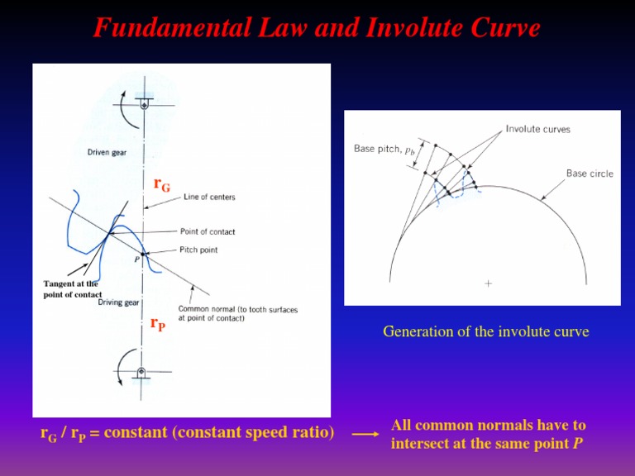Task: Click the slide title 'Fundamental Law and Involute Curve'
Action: click(317, 28)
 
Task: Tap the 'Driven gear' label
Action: click(107, 152)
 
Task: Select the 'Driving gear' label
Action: click(118, 302)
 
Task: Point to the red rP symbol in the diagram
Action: click(158, 325)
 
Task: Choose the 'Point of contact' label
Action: click(208, 232)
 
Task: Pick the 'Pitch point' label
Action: click(198, 250)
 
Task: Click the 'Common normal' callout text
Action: click(237, 314)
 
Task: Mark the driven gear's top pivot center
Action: click(145, 105)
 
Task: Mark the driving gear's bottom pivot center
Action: click(142, 373)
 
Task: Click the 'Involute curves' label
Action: click(537, 129)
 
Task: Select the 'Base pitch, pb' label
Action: click(384, 150)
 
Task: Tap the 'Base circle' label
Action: click(590, 174)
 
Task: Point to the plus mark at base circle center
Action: click(488, 283)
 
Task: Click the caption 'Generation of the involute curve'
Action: click(486, 332)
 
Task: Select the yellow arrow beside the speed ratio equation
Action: click(365, 433)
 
